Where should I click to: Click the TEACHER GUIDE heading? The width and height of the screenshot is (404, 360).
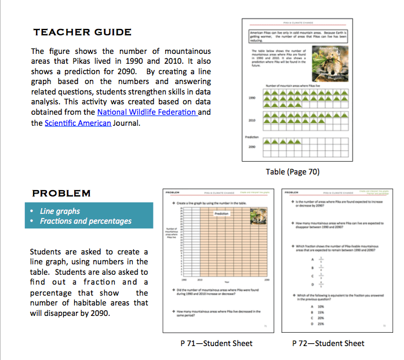(x=82, y=32)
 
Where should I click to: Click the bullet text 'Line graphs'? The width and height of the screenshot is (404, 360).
(x=60, y=211)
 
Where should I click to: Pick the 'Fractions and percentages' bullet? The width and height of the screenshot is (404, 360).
(x=85, y=221)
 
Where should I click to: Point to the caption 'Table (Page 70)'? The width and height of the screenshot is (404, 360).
(x=292, y=172)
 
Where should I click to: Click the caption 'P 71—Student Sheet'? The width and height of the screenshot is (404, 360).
(x=216, y=343)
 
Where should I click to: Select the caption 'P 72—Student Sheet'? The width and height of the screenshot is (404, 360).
(x=328, y=343)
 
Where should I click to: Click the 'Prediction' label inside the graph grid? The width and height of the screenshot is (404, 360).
(x=222, y=213)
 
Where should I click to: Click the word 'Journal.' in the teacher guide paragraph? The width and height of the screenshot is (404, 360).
(x=126, y=123)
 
